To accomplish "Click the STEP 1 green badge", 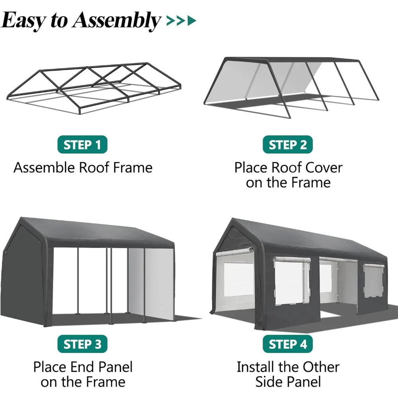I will point(82,145).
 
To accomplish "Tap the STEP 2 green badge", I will point(288,145).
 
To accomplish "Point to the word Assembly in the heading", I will point(116,21).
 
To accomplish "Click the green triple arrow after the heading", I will point(181,21).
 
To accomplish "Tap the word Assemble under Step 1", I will point(44,168).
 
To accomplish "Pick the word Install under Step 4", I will point(259,367).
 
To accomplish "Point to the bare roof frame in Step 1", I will point(94,84).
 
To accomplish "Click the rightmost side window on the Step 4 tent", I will point(373,281).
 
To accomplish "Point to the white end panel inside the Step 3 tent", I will point(159,283).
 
